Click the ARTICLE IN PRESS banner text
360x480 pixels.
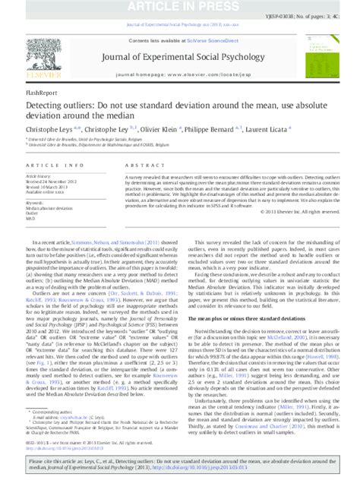[180, 6]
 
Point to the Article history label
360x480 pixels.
[41, 176]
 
